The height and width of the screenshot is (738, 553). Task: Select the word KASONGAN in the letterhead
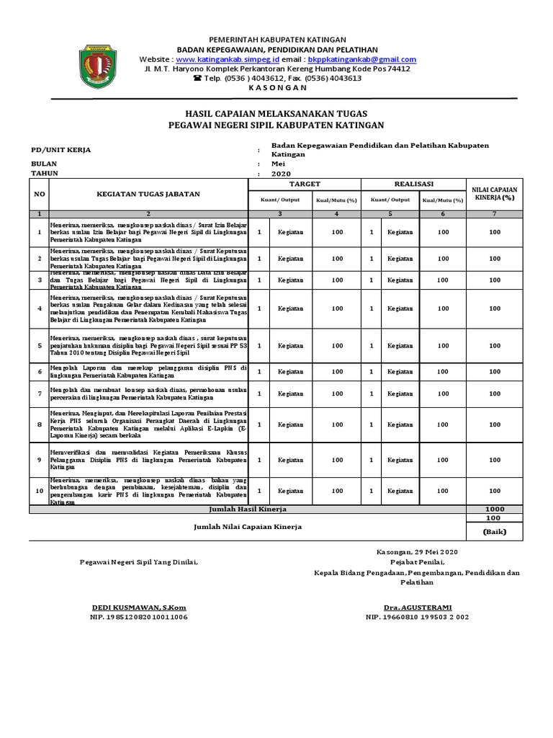(277, 87)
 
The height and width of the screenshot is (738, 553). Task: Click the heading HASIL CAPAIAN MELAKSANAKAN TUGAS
(276, 114)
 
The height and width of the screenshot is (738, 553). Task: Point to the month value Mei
(278, 164)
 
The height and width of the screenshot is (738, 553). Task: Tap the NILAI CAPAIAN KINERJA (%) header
(495, 192)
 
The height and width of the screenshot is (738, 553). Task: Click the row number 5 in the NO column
(40, 346)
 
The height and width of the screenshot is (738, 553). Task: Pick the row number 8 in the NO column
(40, 425)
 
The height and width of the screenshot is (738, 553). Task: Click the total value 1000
(495, 509)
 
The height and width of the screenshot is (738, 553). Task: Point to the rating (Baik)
(495, 532)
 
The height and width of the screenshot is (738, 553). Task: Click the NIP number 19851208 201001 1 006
(138, 618)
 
